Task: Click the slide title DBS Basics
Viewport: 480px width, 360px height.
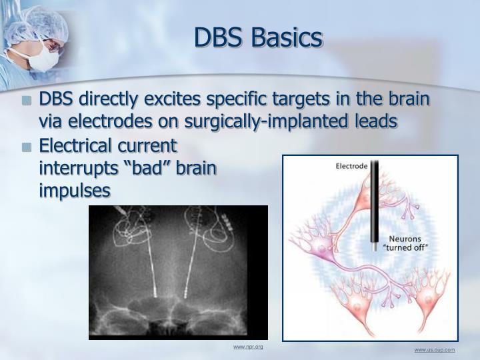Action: point(258,38)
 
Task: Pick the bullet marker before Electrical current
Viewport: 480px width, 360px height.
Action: point(27,147)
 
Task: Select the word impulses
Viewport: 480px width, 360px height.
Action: point(75,190)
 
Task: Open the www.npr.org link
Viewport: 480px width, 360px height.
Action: point(248,347)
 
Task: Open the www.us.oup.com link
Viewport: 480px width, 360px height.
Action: point(434,350)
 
